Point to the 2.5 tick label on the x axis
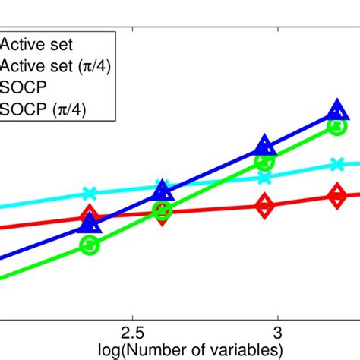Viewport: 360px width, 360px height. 133,333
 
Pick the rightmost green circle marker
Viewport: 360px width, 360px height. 338,125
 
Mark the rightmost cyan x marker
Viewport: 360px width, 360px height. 338,163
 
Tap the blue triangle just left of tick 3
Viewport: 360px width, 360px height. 264,147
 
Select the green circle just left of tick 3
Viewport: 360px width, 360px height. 264,162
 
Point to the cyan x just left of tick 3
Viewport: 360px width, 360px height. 264,178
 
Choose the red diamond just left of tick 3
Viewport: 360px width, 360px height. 264,205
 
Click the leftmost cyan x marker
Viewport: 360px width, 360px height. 89,193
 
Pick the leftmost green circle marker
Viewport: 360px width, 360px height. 90,245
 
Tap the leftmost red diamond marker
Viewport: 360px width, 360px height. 90,214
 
